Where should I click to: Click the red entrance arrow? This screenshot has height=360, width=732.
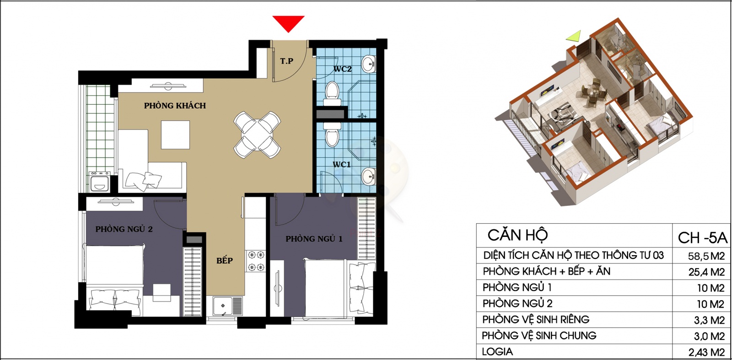click(x=288, y=23)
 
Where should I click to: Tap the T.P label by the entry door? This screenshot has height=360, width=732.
click(x=286, y=61)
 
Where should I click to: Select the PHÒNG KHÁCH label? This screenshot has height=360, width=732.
click(x=175, y=106)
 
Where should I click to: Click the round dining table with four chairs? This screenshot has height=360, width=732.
click(x=257, y=134)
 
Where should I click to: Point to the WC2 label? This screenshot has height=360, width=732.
click(x=342, y=69)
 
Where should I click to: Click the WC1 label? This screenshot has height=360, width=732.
click(x=341, y=164)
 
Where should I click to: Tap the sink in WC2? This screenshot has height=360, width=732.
click(x=369, y=64)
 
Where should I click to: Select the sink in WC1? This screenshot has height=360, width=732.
click(x=369, y=177)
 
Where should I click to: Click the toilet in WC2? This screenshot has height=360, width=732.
click(x=332, y=93)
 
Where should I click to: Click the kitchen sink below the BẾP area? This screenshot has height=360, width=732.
click(x=227, y=306)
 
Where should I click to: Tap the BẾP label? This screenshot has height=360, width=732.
click(x=225, y=260)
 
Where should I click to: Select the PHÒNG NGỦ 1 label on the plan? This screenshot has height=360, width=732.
click(x=314, y=239)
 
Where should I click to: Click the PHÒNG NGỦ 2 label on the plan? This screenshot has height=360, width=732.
click(x=124, y=229)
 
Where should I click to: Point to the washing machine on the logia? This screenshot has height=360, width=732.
click(x=100, y=182)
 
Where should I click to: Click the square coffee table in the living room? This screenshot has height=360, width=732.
click(x=175, y=135)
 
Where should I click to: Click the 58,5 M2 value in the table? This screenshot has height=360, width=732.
click(x=706, y=256)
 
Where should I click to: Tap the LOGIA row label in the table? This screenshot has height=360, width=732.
click(x=497, y=351)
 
